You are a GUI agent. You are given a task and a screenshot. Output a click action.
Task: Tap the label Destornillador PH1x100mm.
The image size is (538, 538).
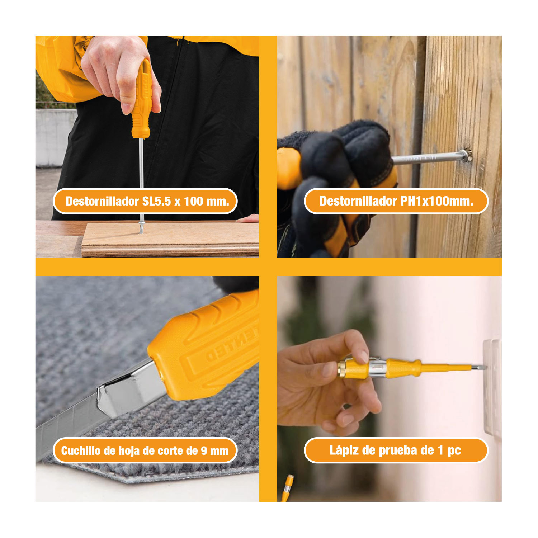(x=396, y=201)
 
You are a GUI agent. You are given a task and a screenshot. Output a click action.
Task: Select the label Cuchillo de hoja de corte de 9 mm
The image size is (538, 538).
(x=145, y=450)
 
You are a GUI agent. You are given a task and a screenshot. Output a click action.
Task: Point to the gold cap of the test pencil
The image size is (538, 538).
(x=341, y=369)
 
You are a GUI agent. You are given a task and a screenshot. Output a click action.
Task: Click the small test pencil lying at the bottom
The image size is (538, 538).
(x=287, y=488)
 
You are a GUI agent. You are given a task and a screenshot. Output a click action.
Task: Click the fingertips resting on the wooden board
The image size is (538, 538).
(x=248, y=218)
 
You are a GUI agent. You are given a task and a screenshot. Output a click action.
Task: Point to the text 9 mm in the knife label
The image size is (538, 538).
(x=214, y=451)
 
